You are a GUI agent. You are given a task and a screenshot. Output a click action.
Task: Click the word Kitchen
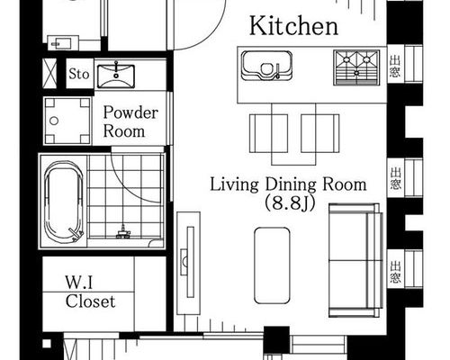point(293,26)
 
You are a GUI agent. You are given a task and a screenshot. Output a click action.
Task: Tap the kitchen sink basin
point(266,66)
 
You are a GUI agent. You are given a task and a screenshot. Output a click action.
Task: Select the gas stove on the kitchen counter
point(356,67)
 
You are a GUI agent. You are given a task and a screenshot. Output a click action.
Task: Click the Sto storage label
point(79,74)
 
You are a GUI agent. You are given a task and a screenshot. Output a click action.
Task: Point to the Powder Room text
point(130,121)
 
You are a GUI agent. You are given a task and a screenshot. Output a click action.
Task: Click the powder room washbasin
point(116,76)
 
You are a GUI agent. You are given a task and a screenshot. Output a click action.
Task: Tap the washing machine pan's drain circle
point(54,121)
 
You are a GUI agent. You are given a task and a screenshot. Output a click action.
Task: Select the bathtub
point(63,202)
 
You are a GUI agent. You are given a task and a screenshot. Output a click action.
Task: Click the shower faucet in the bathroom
point(123,232)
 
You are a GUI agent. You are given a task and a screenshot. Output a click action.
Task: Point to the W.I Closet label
point(90,292)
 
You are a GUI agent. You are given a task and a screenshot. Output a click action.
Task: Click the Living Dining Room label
point(288,184)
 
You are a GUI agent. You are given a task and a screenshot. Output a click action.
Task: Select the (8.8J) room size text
point(290,204)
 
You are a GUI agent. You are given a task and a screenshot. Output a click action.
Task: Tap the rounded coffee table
point(272,265)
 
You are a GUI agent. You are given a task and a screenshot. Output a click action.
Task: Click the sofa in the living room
point(356,260)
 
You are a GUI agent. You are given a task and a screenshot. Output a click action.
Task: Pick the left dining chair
point(268,133)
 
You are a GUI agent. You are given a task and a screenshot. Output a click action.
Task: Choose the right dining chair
point(320,133)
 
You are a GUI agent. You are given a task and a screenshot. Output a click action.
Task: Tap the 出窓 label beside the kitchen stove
point(395,66)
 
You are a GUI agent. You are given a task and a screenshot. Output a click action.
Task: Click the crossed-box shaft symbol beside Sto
point(49,74)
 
